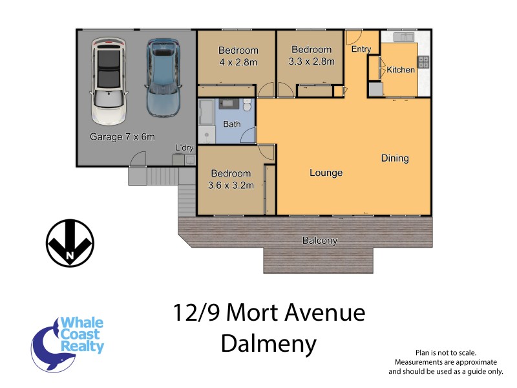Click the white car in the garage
pos(108,81)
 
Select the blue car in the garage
pos(162,76)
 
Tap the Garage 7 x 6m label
pos(122,137)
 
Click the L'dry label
pos(185,148)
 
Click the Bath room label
pos(231,124)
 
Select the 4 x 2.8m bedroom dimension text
pos(238,63)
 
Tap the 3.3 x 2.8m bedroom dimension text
pos(311,61)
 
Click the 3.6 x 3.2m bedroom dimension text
pos(231,185)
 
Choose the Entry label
pos(360,49)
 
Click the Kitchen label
pos(401,69)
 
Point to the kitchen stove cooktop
pos(423,62)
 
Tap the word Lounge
pos(326,173)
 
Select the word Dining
pos(395,158)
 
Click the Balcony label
pos(320,241)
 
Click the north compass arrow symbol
pos(70,242)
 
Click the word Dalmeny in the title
pos(269,343)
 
